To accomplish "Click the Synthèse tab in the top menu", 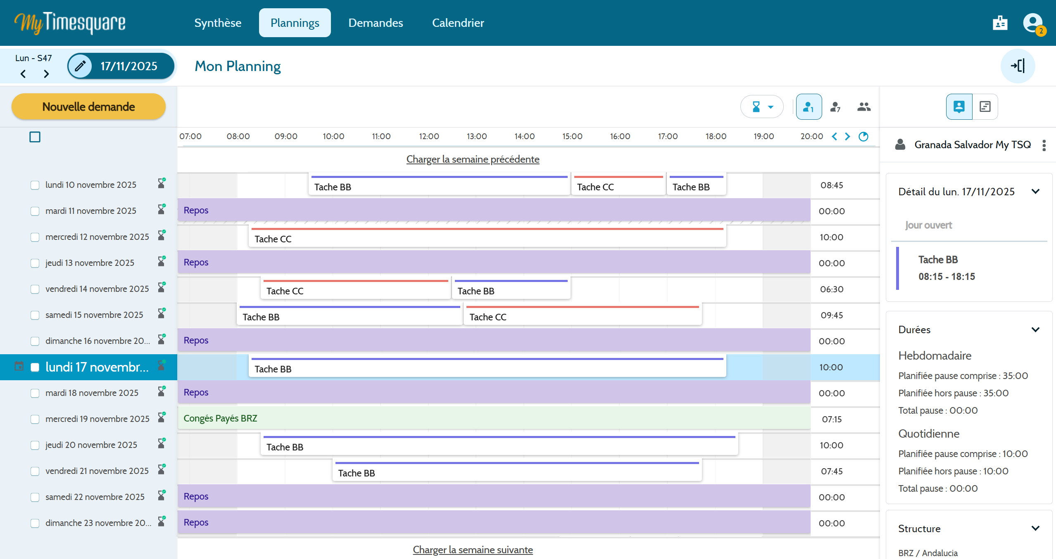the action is (x=218, y=23).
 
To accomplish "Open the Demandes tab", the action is (x=376, y=23).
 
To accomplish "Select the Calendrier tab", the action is (x=458, y=23).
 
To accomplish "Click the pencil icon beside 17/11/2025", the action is (x=80, y=66).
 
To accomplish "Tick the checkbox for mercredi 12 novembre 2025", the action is (x=35, y=237).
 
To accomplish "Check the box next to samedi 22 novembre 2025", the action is (x=35, y=497).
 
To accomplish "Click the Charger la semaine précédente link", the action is (x=473, y=159).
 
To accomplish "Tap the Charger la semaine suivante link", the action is (x=473, y=550).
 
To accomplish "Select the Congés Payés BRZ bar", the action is (x=494, y=418).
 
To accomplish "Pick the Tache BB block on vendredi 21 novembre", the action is (x=517, y=471).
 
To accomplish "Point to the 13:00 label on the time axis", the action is (x=477, y=136).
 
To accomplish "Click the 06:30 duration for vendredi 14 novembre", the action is (x=832, y=289).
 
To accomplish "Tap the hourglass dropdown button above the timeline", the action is (x=762, y=107).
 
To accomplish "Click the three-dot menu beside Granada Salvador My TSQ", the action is (x=1044, y=145).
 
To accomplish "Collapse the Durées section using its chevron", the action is (x=1035, y=329).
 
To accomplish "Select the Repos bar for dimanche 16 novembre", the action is (x=494, y=340).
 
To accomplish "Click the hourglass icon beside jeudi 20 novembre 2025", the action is (x=162, y=444).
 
